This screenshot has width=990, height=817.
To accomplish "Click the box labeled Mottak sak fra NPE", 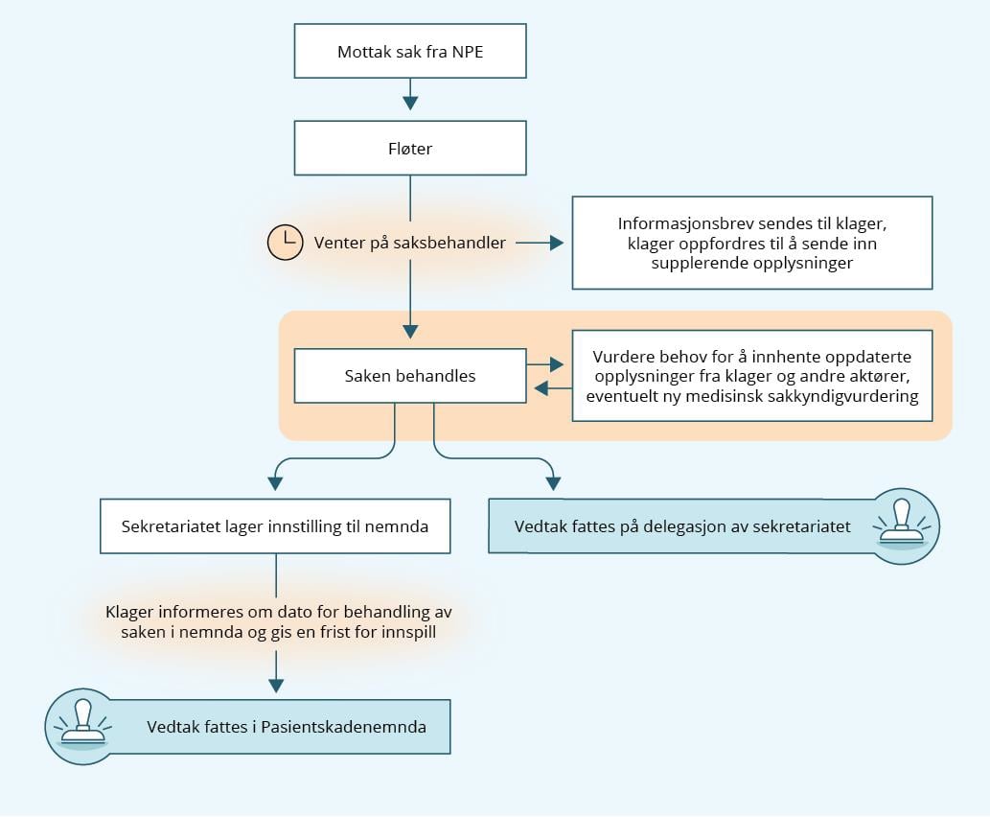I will [410, 52].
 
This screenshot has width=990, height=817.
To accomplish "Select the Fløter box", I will [410, 149].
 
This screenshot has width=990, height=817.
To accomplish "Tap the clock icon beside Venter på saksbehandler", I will [285, 243].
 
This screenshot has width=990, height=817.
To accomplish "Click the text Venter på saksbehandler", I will [409, 243].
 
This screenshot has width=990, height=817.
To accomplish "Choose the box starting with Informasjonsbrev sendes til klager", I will [751, 243].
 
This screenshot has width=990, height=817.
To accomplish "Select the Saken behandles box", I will [410, 376].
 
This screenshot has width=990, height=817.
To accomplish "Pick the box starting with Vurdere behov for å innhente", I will [751, 376].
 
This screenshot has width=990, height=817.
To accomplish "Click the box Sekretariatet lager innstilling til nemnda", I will [275, 526].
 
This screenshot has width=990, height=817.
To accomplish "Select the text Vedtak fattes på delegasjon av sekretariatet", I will [682, 526].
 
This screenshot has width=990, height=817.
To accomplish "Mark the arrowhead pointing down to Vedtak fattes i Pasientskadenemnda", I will [276, 685].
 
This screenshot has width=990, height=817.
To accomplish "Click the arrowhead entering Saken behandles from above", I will [410, 331].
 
